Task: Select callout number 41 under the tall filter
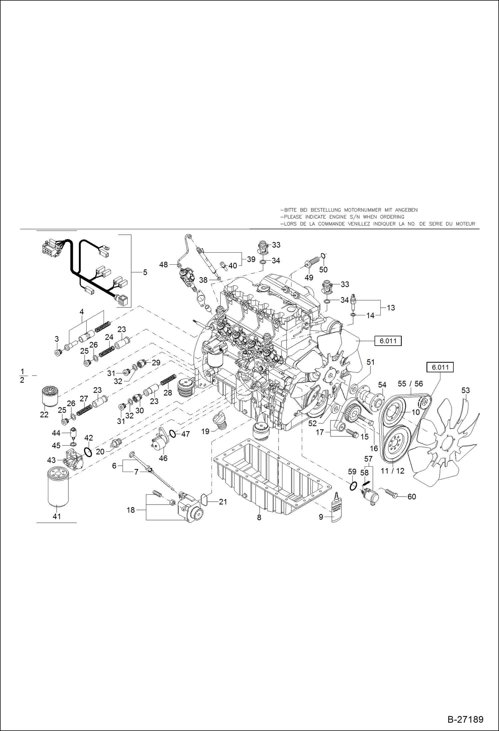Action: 57,516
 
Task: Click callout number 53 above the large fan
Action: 465,390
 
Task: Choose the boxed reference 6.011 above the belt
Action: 440,367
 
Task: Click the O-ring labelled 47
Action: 173,434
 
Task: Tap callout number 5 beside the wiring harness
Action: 145,272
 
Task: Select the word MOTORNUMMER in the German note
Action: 362,210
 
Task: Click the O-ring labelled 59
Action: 353,486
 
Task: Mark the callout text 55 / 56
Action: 410,384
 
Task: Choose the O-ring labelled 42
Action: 88,452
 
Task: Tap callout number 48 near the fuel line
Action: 163,265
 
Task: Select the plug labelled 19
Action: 220,421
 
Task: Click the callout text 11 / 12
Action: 392,471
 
